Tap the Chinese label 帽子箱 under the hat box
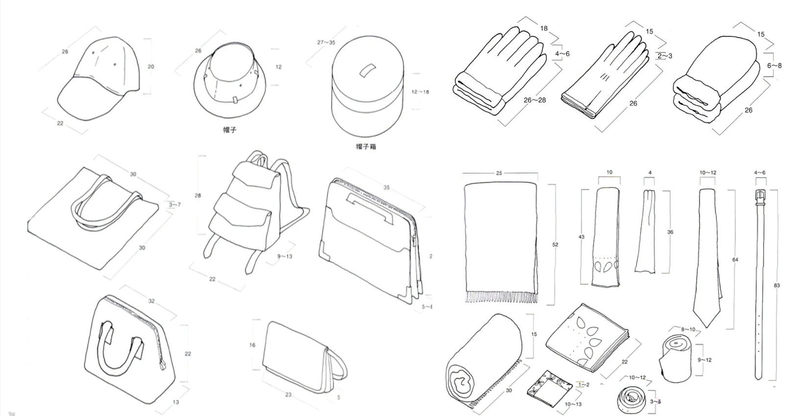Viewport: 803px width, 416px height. (x=366, y=147)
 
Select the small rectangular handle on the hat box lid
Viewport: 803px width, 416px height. (x=366, y=70)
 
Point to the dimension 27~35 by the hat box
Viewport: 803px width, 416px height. (x=326, y=43)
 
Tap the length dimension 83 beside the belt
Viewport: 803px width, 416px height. (x=777, y=285)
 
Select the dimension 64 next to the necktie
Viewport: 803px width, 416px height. (x=735, y=260)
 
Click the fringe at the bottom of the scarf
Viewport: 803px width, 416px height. (x=501, y=297)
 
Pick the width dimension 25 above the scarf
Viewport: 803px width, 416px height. (x=499, y=173)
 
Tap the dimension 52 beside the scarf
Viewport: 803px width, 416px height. (x=555, y=245)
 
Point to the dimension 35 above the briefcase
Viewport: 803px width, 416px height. (x=387, y=188)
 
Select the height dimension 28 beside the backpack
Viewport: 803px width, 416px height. (x=198, y=196)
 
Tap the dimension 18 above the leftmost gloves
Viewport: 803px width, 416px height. (x=544, y=28)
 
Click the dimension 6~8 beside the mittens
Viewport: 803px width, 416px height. (x=775, y=66)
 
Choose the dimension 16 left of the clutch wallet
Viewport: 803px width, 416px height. (x=252, y=345)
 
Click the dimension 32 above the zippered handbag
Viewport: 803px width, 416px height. (x=151, y=301)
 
